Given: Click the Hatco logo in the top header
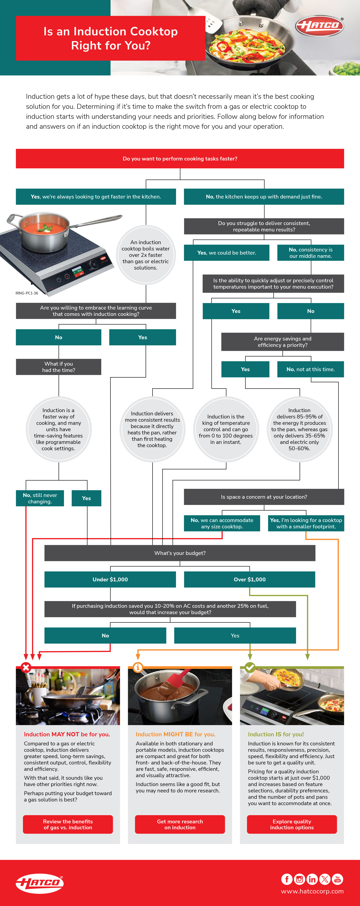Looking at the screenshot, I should (x=319, y=26).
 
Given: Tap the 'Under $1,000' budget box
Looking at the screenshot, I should (x=110, y=579).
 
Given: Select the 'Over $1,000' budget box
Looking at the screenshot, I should (x=250, y=579).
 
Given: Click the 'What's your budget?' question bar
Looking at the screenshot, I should (x=180, y=553).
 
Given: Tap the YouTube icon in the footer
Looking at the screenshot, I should (x=338, y=879).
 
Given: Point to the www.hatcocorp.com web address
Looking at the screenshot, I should (x=312, y=891).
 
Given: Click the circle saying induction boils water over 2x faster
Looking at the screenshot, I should (x=146, y=255).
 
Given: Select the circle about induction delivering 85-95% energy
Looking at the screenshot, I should (x=300, y=429).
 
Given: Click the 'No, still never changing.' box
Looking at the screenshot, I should (x=40, y=498).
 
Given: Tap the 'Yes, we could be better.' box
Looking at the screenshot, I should (x=226, y=252).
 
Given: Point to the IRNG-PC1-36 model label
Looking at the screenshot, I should (x=27, y=293).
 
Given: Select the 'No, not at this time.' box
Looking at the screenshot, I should (x=310, y=369).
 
